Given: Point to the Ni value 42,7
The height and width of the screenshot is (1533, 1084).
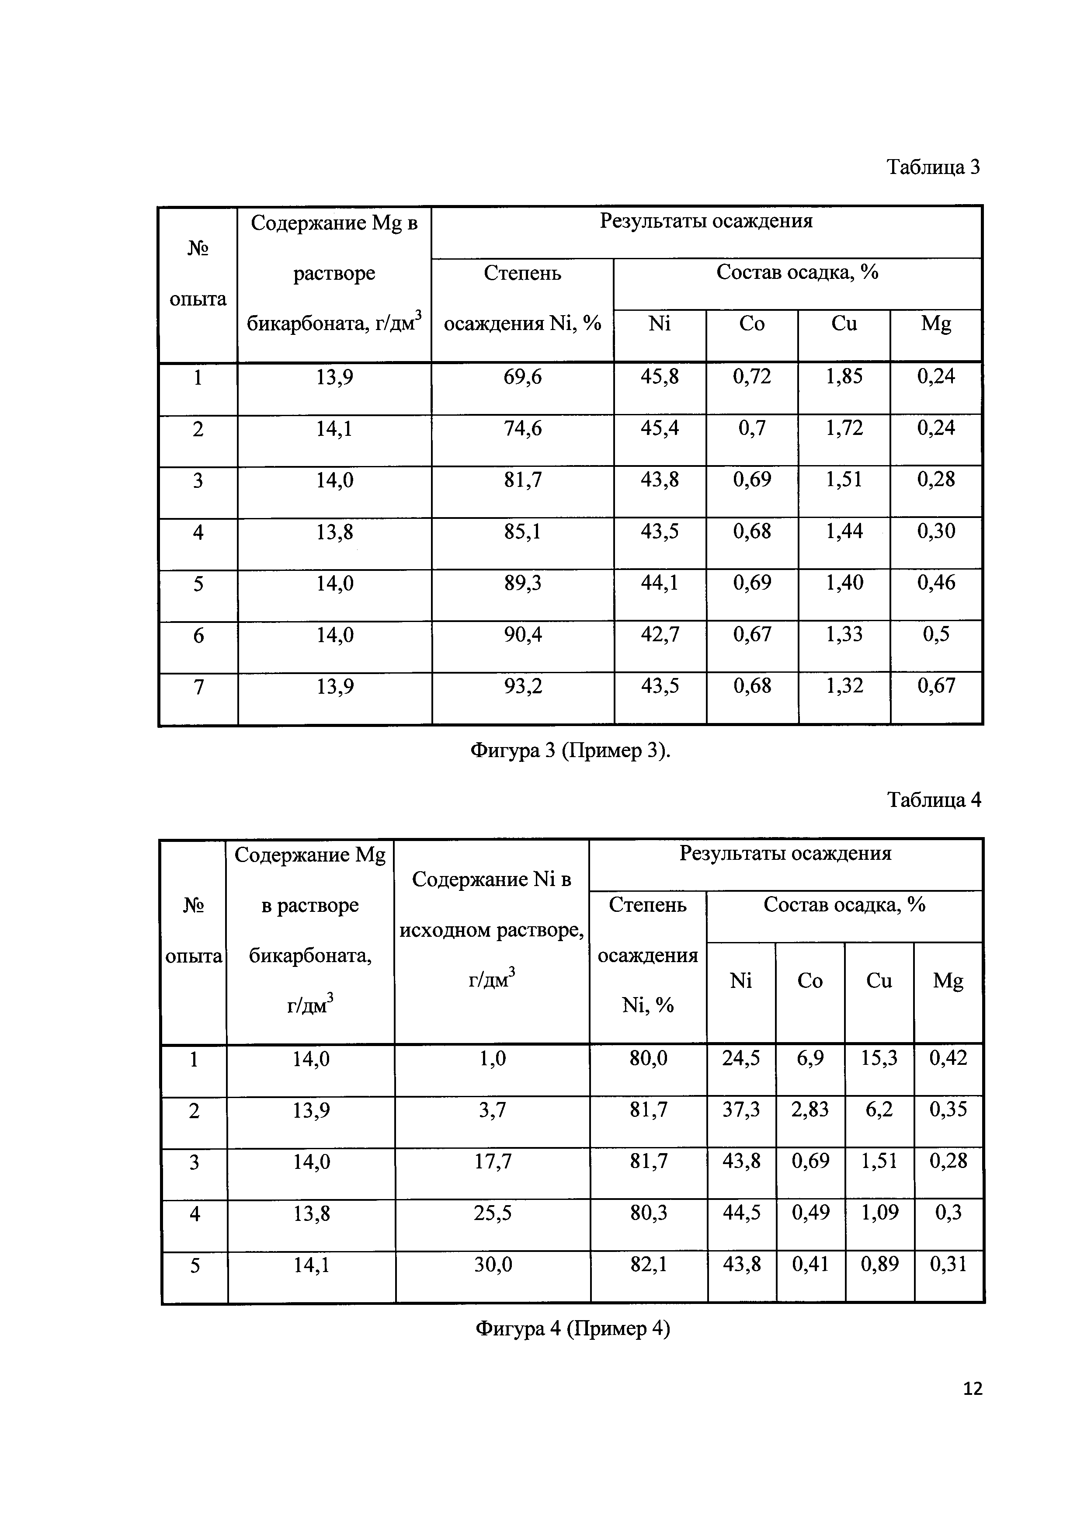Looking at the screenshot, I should (x=660, y=634).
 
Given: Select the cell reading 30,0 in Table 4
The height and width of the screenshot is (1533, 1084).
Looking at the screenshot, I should (x=493, y=1264).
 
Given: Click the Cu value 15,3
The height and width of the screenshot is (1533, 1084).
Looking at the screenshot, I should (x=879, y=1058).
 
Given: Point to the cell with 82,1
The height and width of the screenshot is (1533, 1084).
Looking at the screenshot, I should (x=648, y=1264).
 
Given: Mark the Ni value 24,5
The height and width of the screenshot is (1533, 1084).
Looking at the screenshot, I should (x=741, y=1058).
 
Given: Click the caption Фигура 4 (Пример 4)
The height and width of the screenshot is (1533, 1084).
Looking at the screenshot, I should (x=572, y=1329).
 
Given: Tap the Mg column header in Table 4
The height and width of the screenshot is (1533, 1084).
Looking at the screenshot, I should (x=948, y=981).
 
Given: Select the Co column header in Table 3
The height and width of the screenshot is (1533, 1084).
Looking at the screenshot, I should (x=752, y=324).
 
